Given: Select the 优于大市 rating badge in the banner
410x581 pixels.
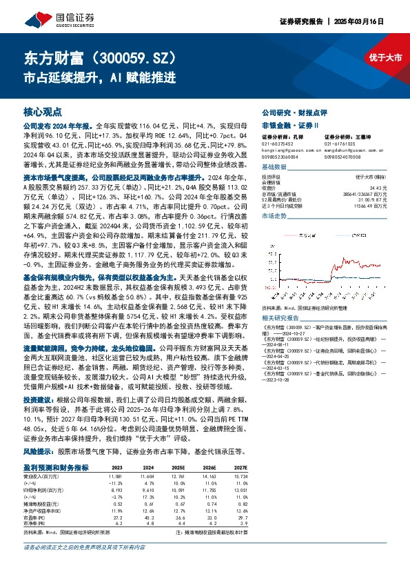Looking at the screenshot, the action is pyautogui.click(x=385, y=57).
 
